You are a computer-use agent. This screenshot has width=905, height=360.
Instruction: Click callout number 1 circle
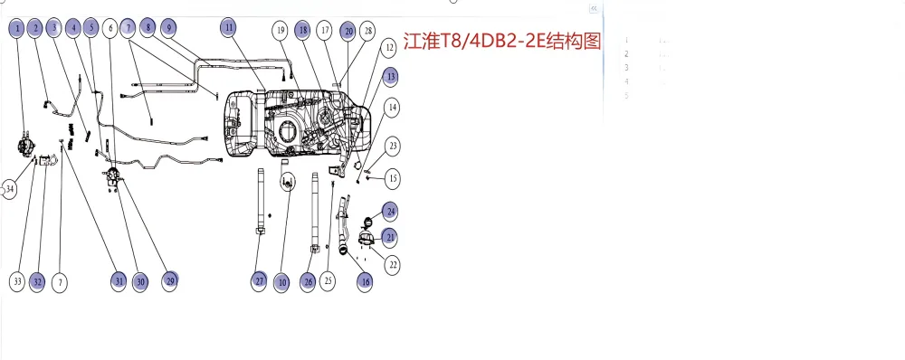(x=17, y=29)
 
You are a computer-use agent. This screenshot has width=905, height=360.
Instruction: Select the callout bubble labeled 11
(x=230, y=28)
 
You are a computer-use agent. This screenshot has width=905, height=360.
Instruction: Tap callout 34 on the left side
(x=10, y=189)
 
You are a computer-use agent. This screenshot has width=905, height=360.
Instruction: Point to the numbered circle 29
(x=170, y=281)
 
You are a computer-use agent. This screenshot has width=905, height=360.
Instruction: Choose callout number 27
(x=260, y=281)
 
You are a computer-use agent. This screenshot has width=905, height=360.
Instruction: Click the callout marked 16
(x=365, y=281)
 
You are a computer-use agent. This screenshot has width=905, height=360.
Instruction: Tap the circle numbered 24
(x=390, y=212)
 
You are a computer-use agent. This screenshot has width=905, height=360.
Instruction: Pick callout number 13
(x=390, y=76)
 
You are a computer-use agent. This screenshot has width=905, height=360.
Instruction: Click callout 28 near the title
(x=367, y=31)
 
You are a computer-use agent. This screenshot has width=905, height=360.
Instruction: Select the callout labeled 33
(x=17, y=281)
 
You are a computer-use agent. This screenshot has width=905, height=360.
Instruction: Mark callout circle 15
(x=393, y=176)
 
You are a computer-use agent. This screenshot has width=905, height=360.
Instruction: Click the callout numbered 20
(x=348, y=31)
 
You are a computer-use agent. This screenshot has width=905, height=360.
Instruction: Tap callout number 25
(x=328, y=281)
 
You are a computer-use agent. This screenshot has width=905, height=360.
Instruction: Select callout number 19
(x=281, y=31)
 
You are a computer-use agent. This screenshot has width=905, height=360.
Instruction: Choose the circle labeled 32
(x=37, y=281)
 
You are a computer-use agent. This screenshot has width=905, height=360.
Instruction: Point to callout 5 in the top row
(x=90, y=29)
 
